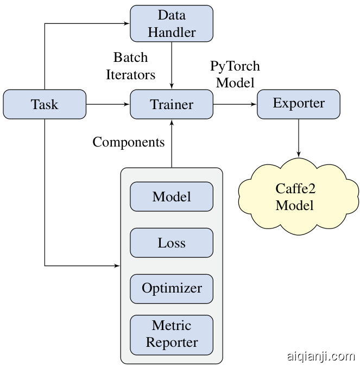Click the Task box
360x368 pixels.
click(x=45, y=104)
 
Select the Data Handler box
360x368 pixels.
click(x=172, y=23)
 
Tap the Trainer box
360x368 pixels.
click(x=172, y=104)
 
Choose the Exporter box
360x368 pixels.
click(x=299, y=103)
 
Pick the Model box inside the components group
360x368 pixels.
click(x=172, y=196)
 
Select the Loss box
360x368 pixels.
click(x=172, y=243)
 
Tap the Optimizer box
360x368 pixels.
click(x=172, y=288)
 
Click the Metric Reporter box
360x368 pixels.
click(x=172, y=334)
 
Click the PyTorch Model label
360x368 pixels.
click(x=235, y=74)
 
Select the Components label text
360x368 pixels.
click(x=129, y=142)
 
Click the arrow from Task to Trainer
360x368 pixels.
click(x=108, y=104)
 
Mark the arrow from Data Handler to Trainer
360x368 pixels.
click(x=172, y=65)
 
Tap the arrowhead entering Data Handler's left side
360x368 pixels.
click(x=127, y=24)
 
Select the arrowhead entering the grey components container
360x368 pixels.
click(x=117, y=266)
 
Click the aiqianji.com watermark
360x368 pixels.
click(x=320, y=357)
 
